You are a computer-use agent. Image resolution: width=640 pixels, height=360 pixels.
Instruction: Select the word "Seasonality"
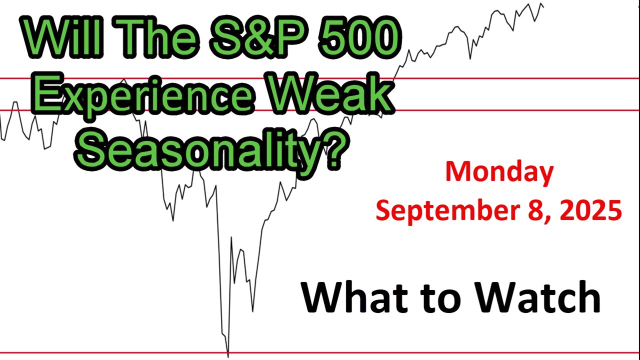198,151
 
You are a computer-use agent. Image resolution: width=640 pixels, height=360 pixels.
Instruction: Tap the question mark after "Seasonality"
336,148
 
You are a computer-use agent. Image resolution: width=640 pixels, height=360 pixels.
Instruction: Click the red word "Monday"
499,173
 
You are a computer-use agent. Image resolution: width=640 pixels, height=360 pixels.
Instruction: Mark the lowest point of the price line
227,357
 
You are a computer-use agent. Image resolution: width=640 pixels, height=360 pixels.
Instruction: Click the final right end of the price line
543,7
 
